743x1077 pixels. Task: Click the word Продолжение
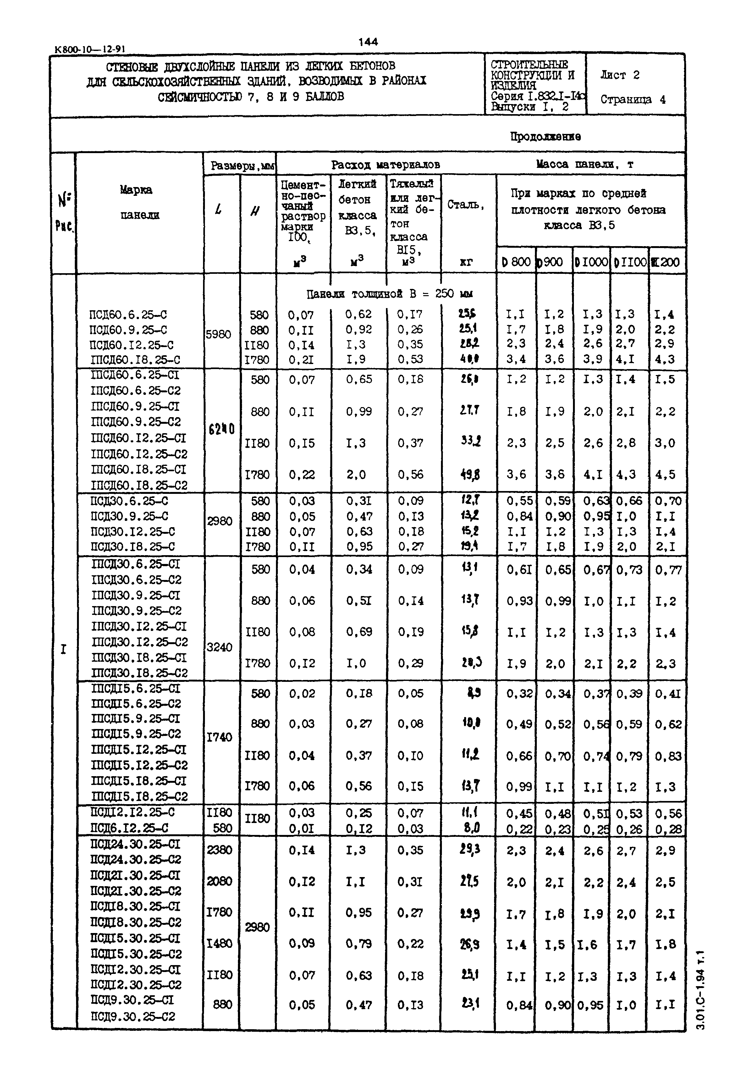[x=545, y=136]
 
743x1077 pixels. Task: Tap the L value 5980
[x=218, y=334]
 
